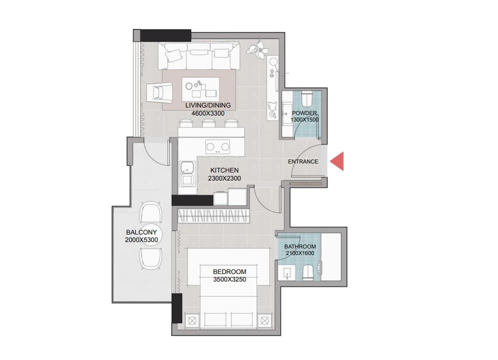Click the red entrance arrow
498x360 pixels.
click(337, 161)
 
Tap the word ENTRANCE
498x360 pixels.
click(303, 161)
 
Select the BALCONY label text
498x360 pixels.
click(141, 232)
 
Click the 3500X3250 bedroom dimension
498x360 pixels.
click(230, 279)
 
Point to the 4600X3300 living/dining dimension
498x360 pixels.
click(208, 113)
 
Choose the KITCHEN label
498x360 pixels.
click(225, 170)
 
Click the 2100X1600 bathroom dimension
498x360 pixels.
click(300, 253)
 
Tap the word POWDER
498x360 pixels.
click(304, 113)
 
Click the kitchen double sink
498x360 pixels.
click(186, 173)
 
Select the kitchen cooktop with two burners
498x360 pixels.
click(218, 146)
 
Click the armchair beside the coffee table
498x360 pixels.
click(159, 93)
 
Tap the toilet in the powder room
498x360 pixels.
click(307, 99)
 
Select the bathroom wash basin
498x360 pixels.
click(287, 273)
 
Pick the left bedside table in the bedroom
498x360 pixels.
click(192, 320)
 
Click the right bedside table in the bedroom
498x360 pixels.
click(265, 320)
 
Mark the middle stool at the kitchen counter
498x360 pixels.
click(208, 123)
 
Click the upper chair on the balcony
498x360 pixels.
click(151, 212)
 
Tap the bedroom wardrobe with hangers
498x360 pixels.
click(213, 215)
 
